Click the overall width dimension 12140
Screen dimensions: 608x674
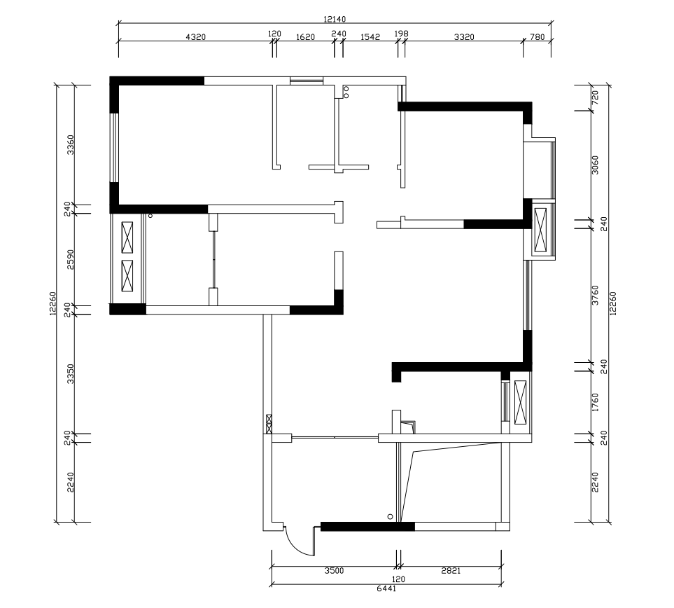point(335,20)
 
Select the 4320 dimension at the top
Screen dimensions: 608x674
point(195,37)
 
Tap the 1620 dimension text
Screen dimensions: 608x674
point(305,37)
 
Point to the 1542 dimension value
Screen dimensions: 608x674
point(370,37)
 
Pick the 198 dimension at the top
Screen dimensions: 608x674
point(401,34)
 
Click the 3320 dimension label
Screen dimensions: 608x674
point(464,37)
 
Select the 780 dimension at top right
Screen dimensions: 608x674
point(537,37)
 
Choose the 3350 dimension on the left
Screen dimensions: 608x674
point(70,374)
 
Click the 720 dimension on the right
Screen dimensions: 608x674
point(596,98)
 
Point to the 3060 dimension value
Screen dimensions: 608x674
point(596,165)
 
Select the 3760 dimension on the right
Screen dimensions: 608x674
point(596,295)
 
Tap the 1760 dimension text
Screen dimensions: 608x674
point(596,402)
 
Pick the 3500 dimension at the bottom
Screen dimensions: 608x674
point(334,571)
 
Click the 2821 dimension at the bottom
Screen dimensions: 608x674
point(451,571)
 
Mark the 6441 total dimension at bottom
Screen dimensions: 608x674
point(386,589)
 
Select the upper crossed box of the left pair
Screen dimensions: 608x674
point(127,237)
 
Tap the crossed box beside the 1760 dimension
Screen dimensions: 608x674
point(519,401)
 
